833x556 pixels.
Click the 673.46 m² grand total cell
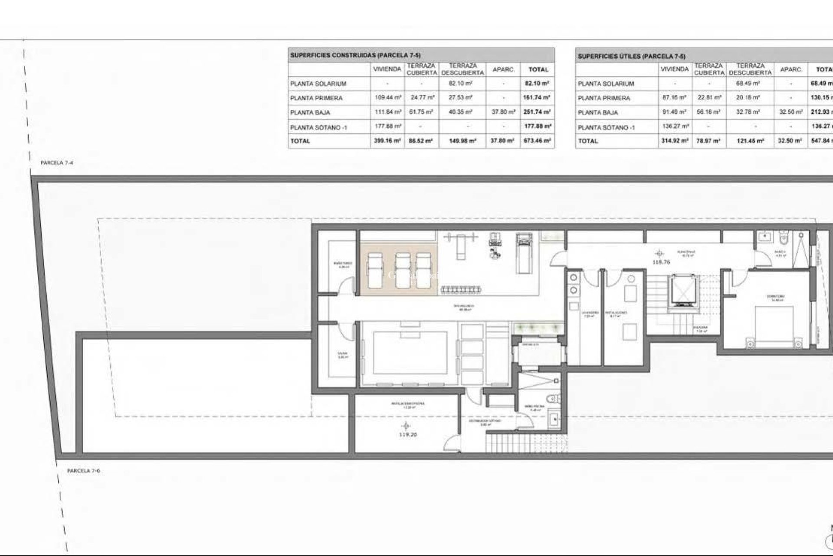click(537, 141)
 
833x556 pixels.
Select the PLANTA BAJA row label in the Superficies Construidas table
click(310, 112)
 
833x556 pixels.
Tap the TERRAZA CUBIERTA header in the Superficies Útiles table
click(709, 69)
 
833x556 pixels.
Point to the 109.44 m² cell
click(387, 98)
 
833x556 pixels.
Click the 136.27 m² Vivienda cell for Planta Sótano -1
click(674, 126)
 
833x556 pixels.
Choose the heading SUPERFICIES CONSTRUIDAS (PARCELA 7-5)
click(355, 55)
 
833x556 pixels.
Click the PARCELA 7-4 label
click(57, 163)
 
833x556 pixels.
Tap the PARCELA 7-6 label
click(84, 470)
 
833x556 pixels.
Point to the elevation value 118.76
click(661, 262)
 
